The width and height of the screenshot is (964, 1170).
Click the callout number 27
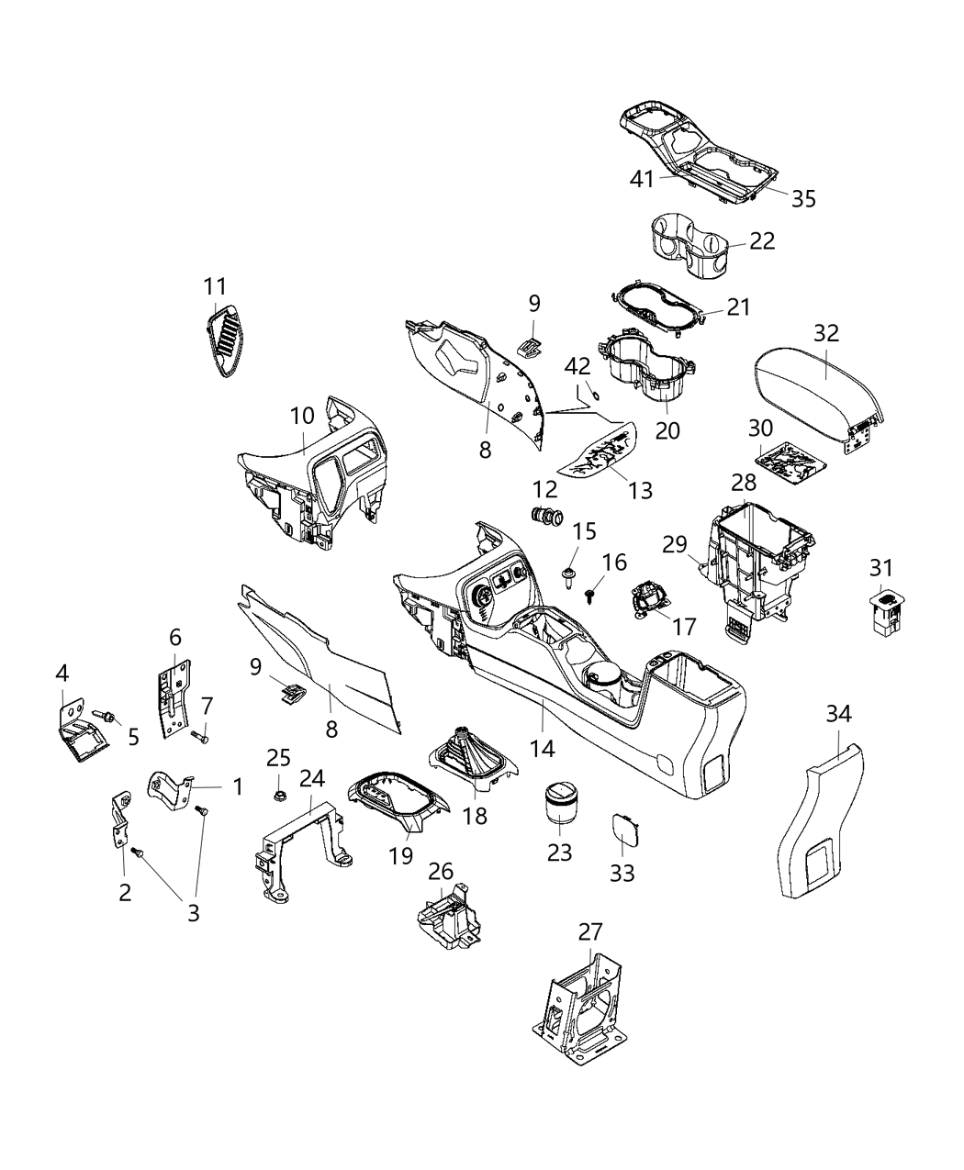point(590,931)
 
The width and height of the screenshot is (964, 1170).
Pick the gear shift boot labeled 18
point(474,757)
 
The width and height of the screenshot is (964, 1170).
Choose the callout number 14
point(543,748)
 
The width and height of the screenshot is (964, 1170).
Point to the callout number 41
point(642,178)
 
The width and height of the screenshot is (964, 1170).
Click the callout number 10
point(303,416)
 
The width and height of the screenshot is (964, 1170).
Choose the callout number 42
point(577,366)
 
